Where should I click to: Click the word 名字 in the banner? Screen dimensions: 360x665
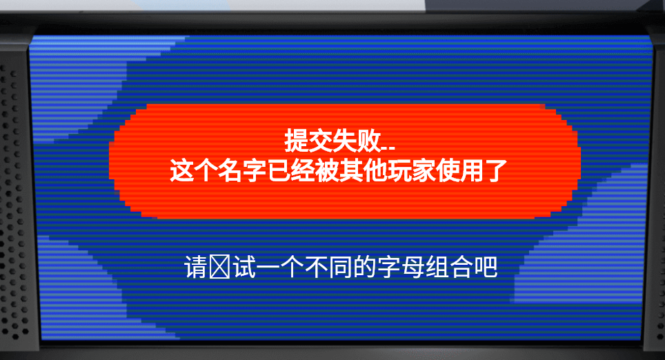pyautogui.click(x=242, y=170)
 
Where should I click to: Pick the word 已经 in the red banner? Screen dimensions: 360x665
pyautogui.click(x=290, y=170)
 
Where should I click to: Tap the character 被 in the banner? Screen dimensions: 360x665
pyautogui.click(x=326, y=170)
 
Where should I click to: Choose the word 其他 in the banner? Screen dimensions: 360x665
pyautogui.click(x=363, y=170)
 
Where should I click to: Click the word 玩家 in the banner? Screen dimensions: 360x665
pyautogui.click(x=410, y=170)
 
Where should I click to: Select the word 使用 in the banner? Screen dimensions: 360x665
pyautogui.click(x=459, y=170)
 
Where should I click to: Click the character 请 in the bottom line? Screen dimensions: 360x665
pyautogui.click(x=197, y=268)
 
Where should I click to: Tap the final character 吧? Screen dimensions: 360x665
pyautogui.click(x=485, y=268)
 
